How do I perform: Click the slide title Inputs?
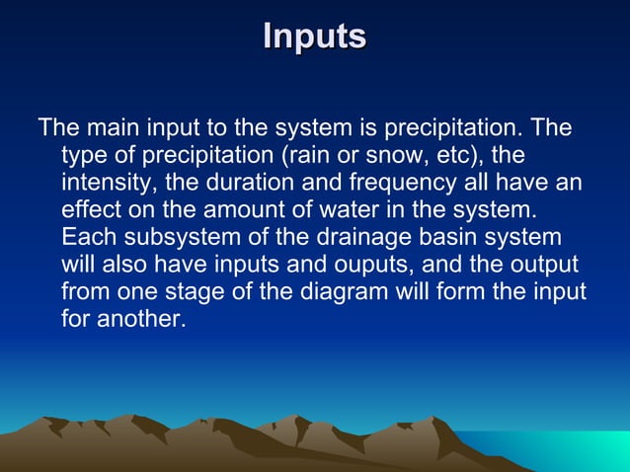coord(315,37)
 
